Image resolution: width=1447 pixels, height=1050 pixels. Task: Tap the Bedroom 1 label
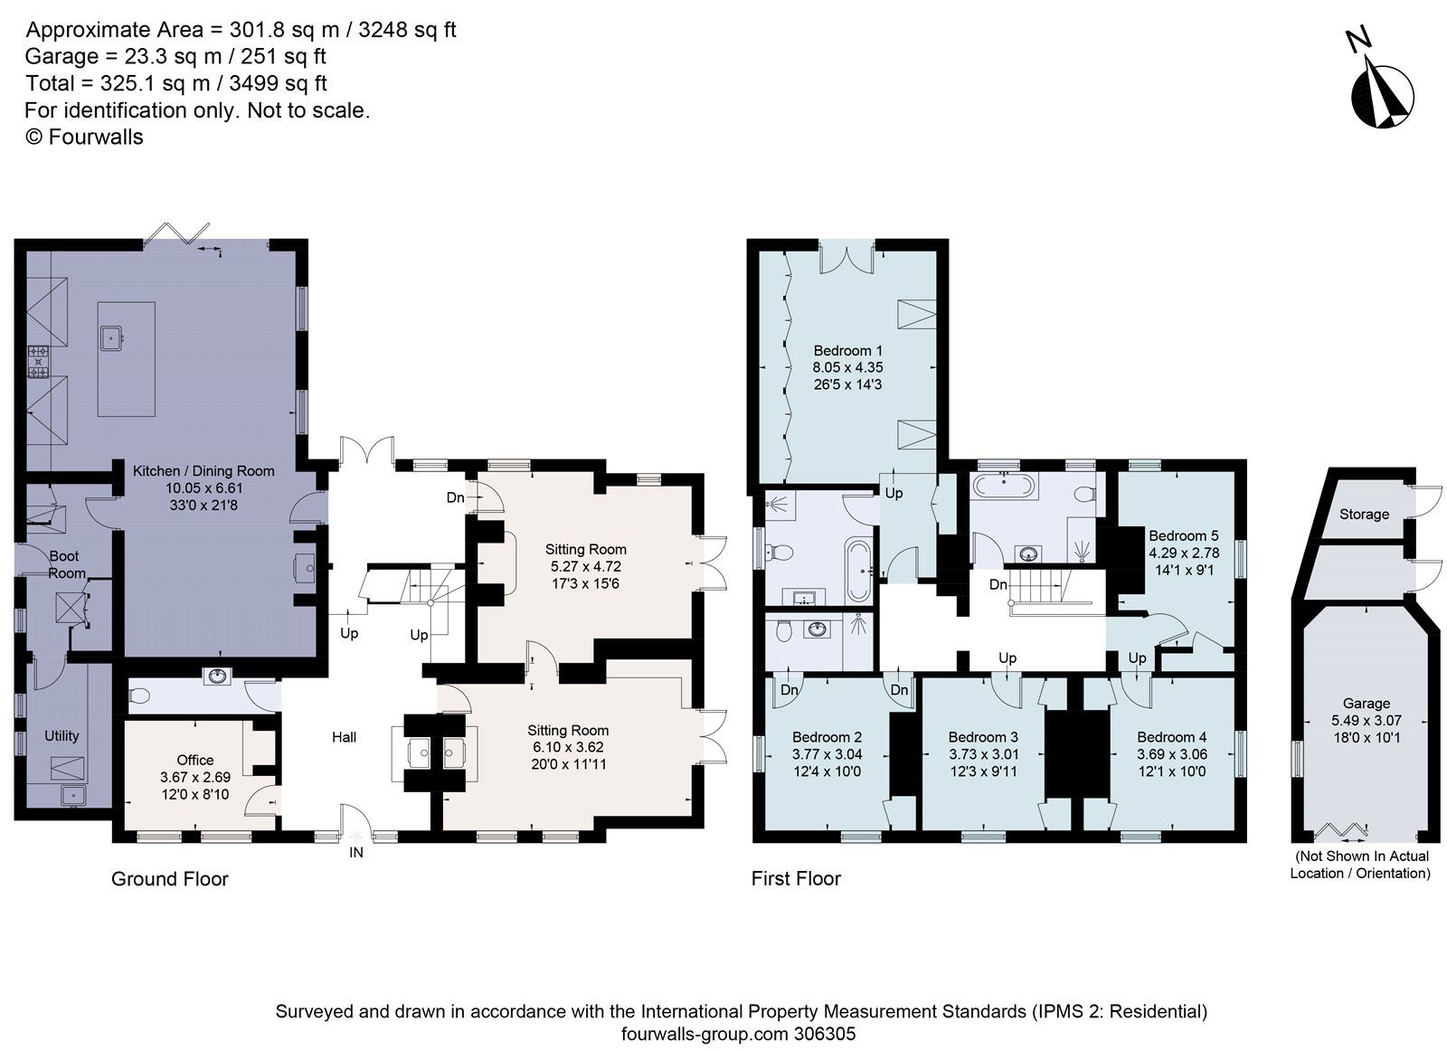coord(847,351)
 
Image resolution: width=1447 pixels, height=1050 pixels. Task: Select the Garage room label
coord(1366,703)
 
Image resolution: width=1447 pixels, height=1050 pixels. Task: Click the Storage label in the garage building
coord(1363,514)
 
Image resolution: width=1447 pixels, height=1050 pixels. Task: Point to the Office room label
coord(195,760)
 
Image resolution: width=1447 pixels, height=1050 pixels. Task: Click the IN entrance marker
coord(356,852)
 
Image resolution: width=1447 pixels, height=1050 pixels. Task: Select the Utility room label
coord(61,735)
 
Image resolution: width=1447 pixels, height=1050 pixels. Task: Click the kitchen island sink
coord(113,339)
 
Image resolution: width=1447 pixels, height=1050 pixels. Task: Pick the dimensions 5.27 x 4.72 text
coord(585,566)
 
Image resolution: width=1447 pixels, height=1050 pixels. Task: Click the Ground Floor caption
coord(169,879)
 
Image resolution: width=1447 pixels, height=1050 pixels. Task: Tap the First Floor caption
coord(796,879)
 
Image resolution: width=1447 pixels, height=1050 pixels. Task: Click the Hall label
coord(344,737)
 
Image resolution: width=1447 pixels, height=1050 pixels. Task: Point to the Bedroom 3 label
coord(983,737)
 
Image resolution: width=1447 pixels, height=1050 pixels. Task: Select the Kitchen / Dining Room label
coord(203,470)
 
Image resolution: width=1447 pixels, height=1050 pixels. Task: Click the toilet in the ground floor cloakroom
coord(138,695)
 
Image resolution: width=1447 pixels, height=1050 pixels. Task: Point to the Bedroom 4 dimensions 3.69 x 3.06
coord(1171,754)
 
